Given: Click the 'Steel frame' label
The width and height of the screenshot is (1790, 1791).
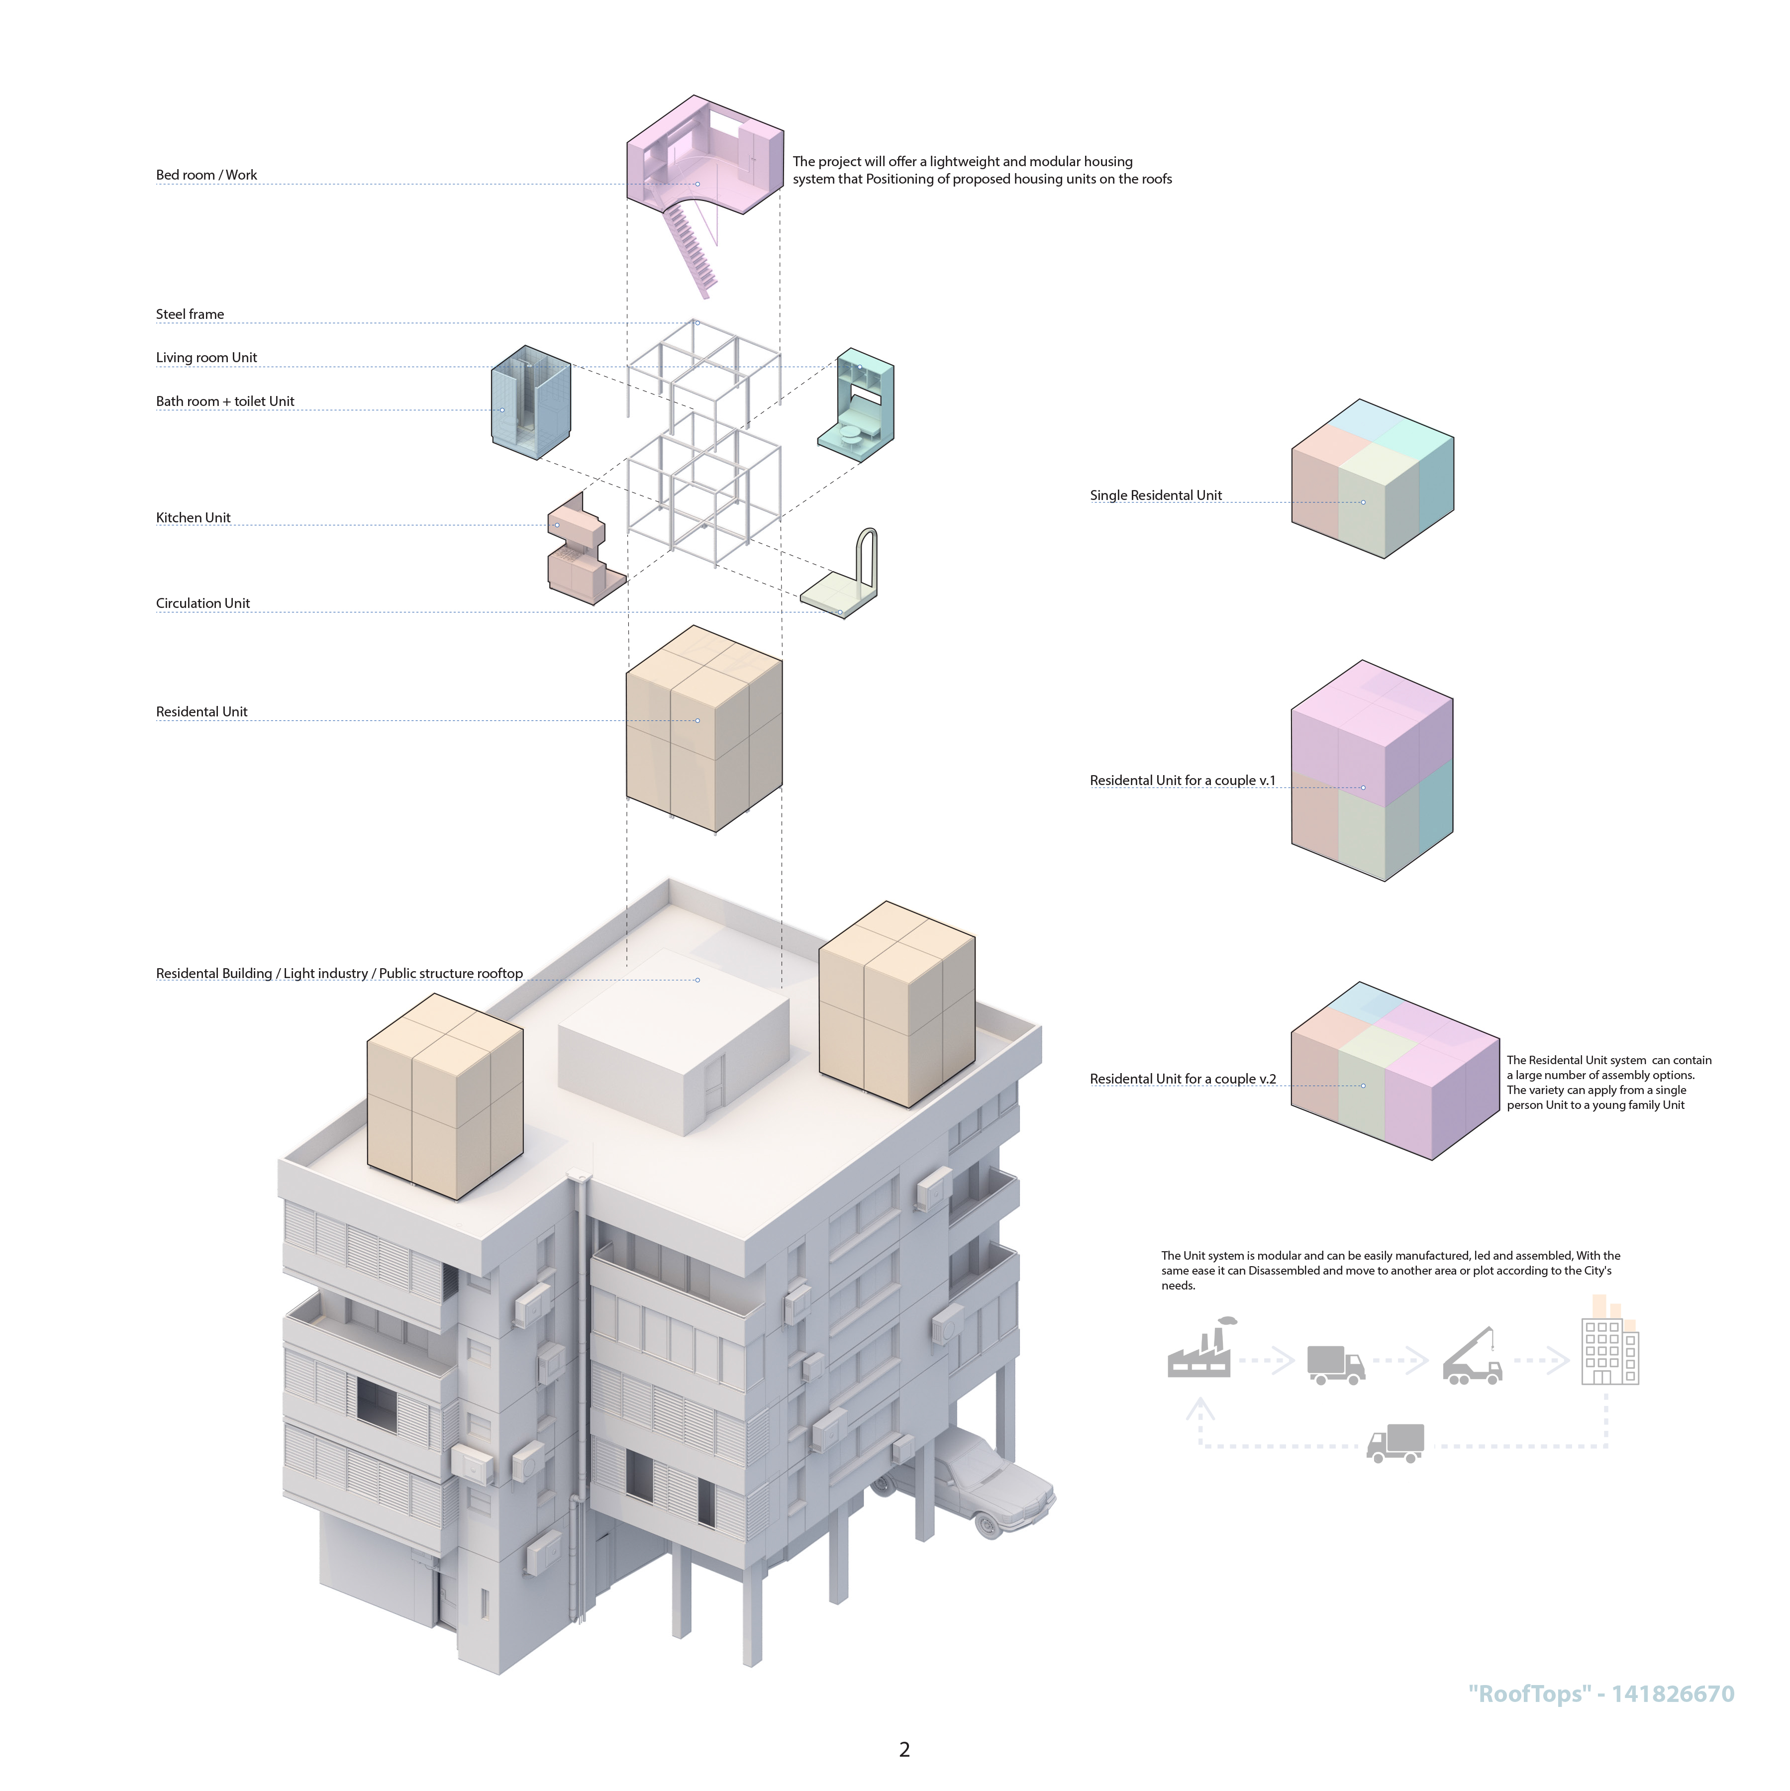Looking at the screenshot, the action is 190,314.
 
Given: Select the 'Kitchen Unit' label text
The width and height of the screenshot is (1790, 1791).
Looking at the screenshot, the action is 193,517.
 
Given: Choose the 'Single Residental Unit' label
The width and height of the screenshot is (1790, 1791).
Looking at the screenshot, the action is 1156,495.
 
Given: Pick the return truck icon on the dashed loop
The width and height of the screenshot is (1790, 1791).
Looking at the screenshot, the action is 1395,1443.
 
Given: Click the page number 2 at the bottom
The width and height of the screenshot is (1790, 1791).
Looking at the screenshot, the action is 905,1749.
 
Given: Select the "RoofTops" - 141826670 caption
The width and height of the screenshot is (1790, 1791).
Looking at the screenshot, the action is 1601,1693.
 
